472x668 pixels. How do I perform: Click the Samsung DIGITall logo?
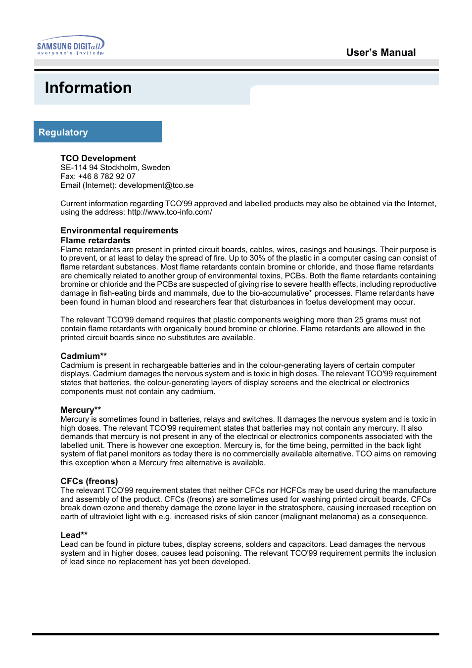[70, 45]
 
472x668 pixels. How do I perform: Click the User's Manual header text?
[380, 52]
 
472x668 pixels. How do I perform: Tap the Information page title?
[88, 88]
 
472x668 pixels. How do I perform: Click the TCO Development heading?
[98, 158]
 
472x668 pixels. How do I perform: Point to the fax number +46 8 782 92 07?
[106, 177]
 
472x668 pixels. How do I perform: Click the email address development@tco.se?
[156, 185]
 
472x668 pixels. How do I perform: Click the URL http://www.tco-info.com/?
[170, 212]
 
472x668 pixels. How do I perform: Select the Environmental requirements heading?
[119, 230]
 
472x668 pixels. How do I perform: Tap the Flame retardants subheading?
[95, 240]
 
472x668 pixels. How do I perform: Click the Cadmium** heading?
[84, 356]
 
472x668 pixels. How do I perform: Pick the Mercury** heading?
[81, 410]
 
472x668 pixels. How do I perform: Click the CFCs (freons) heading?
[89, 481]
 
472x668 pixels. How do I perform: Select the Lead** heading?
[74, 535]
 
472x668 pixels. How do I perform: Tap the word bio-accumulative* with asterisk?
[281, 293]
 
